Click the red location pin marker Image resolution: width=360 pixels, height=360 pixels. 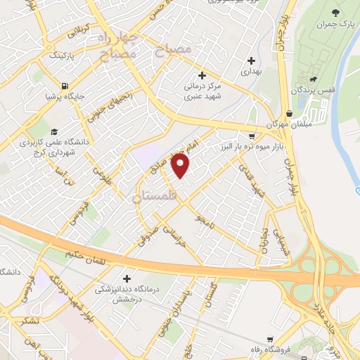[x=181, y=166]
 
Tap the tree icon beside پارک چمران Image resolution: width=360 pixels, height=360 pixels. [x=335, y=13]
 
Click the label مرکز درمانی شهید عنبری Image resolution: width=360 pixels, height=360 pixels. [x=201, y=91]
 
